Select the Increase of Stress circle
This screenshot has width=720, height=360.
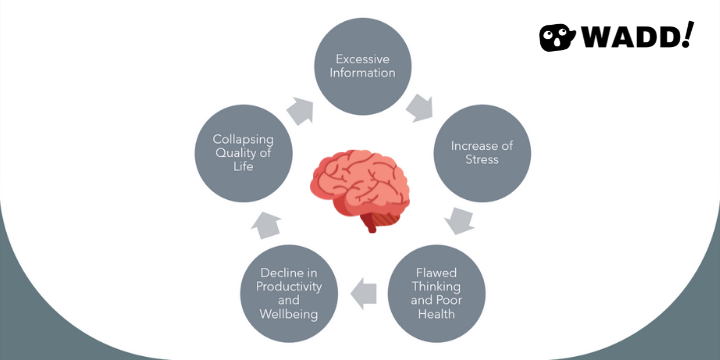pyautogui.click(x=481, y=151)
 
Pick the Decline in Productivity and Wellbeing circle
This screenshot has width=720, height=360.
pyautogui.click(x=289, y=293)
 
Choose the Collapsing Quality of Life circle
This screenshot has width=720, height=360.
pyautogui.click(x=244, y=152)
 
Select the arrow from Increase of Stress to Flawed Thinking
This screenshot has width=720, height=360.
pyautogui.click(x=461, y=220)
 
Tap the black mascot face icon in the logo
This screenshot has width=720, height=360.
pyautogui.click(x=559, y=38)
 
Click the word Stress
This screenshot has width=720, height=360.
pyautogui.click(x=482, y=159)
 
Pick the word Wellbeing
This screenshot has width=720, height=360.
pyautogui.click(x=289, y=314)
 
